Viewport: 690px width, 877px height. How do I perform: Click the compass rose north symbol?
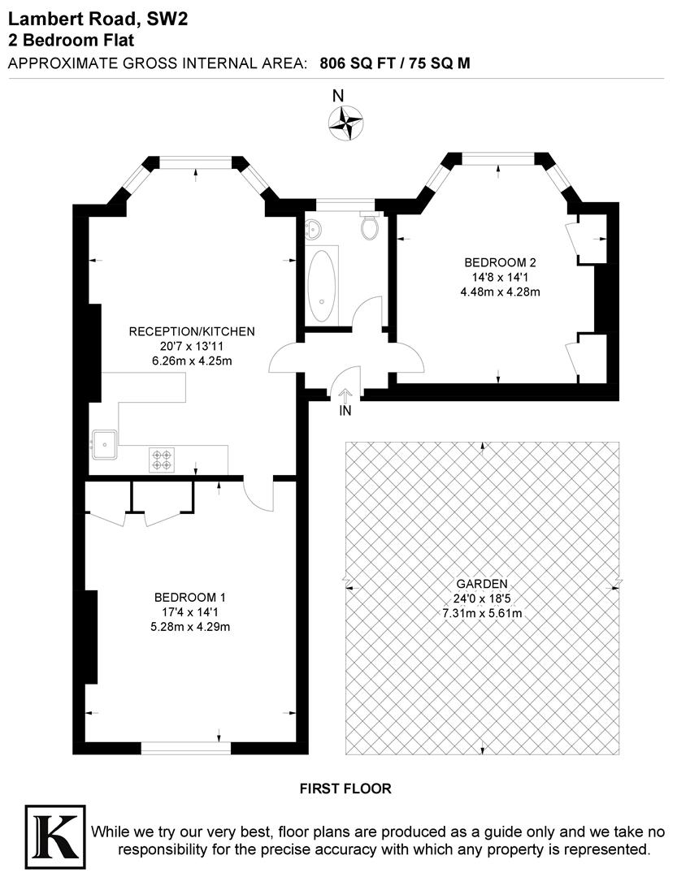click(x=345, y=123)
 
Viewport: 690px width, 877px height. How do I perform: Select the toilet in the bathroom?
click(x=371, y=227)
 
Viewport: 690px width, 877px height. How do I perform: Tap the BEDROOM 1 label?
click(x=193, y=598)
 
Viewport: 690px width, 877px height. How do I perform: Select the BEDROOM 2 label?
click(x=500, y=262)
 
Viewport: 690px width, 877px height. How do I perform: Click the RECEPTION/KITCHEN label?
click(x=193, y=331)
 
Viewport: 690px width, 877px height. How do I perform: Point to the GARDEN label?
click(x=482, y=583)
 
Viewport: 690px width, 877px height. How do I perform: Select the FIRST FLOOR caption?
click(x=345, y=788)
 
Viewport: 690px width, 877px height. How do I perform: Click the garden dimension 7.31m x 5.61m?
click(x=482, y=613)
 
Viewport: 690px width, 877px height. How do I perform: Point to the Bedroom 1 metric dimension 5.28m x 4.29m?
click(x=193, y=627)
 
